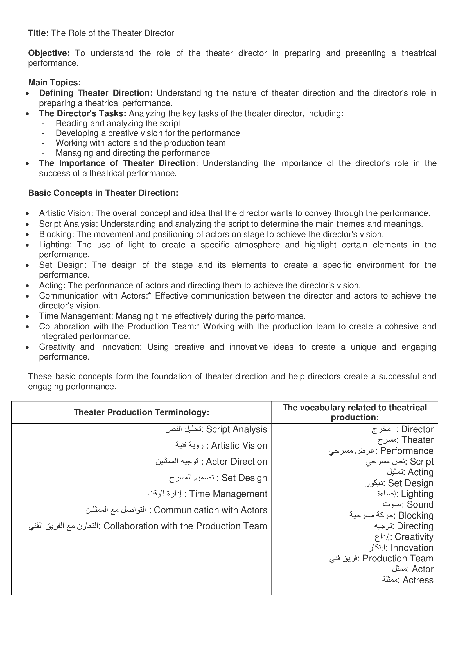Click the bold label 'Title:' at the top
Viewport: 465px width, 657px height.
pos(38,33)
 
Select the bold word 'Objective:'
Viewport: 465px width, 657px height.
pos(49,53)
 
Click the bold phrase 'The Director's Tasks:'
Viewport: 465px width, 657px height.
pos(83,113)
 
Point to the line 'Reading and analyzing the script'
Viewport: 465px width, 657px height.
pos(118,123)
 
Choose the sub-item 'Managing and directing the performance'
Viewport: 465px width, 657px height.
pos(133,153)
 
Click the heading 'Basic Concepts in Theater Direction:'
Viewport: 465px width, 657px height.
pos(103,193)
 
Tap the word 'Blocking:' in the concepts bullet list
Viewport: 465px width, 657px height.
pos(57,234)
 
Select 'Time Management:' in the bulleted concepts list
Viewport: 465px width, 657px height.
pos(76,316)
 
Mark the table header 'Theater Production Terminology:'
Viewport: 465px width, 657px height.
pos(141,412)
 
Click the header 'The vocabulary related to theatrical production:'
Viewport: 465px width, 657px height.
pos(355,412)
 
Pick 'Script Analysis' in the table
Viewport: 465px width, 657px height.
pos(236,429)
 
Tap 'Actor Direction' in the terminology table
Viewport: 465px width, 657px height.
pos(236,462)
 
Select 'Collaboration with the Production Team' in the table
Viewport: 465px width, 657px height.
pos(185,526)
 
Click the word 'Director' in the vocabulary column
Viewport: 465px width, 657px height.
pos(417,429)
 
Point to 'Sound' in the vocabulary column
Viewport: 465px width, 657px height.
pos(420,504)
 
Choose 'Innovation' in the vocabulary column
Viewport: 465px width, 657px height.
pos(412,548)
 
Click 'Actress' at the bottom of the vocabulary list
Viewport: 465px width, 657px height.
pos(418,580)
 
